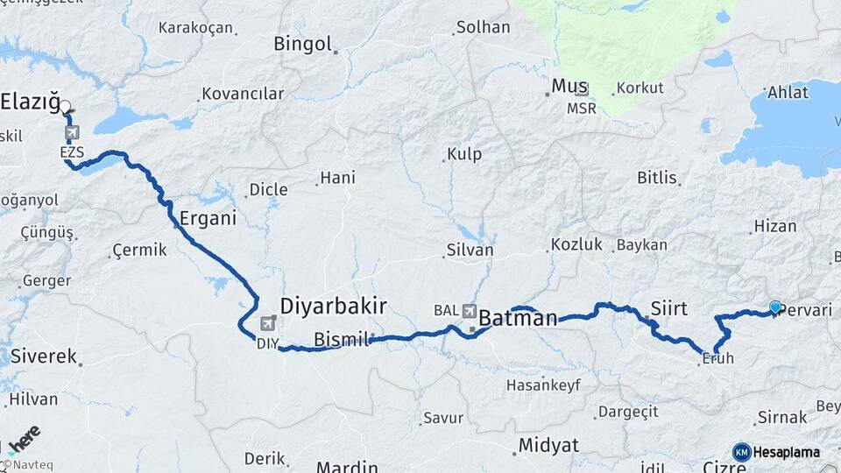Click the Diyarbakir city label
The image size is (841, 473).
point(333,305)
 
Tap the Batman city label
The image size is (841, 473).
point(518,318)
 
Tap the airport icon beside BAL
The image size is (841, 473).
point(470,311)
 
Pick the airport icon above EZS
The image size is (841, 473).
point(71,133)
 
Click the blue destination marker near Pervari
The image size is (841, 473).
point(774,307)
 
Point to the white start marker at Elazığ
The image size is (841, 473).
point(66,108)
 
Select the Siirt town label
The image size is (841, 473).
point(668,308)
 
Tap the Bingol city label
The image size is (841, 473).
point(302,43)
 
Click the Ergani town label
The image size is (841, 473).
point(208,218)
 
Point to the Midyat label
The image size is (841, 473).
point(548,445)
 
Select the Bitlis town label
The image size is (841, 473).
point(657,178)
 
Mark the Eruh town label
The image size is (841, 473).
point(718,357)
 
